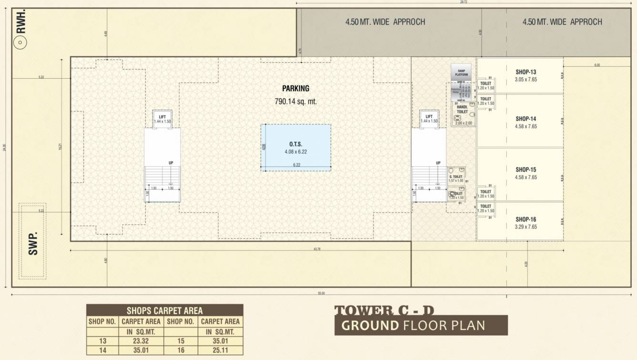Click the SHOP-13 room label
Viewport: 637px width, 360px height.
[526, 72]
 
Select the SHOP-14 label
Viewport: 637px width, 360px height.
[526, 119]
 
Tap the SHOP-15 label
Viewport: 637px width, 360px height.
[526, 169]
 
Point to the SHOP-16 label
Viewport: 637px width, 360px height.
[526, 219]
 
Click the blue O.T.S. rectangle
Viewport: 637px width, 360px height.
[296, 147]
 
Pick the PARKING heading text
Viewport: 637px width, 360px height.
[296, 88]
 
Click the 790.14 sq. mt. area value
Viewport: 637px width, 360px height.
[296, 101]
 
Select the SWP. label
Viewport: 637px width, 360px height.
[33, 245]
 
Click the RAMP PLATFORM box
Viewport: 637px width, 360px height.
[461, 72]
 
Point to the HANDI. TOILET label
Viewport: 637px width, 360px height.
[462, 110]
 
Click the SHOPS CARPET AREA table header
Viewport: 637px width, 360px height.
[164, 310]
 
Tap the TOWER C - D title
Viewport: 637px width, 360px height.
[384, 310]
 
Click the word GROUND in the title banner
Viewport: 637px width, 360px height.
[370, 326]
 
